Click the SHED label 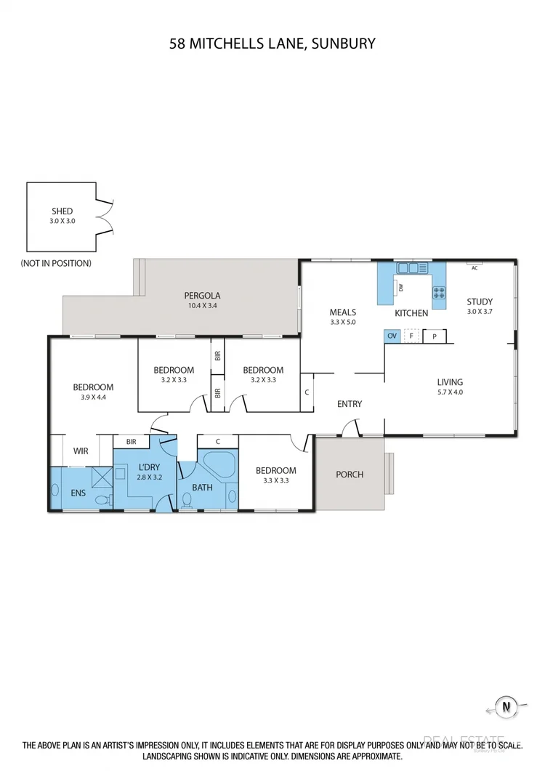62,211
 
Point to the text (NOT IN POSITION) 56,263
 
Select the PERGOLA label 201,296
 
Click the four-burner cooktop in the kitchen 439,292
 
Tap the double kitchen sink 408,268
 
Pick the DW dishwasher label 400,288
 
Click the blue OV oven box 392,336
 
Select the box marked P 435,336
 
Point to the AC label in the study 474,267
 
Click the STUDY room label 480,302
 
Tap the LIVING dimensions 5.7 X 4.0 450,392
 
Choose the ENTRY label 350,404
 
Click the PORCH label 349,475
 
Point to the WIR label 81,451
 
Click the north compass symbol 504,706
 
